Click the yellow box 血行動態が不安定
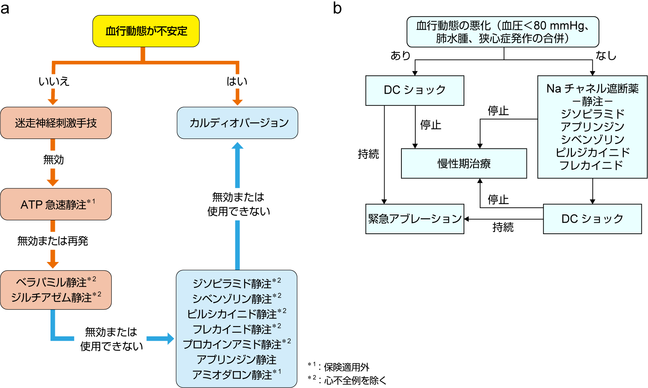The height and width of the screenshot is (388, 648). pyautogui.click(x=146, y=31)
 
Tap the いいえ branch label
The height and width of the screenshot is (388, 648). pyautogui.click(x=54, y=81)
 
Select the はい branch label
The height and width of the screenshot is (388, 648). pyautogui.click(x=237, y=81)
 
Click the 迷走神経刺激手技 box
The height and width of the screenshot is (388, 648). pyautogui.click(x=56, y=123)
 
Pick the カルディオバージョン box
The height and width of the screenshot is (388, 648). pyautogui.click(x=237, y=123)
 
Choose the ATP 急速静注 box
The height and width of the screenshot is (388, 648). pyautogui.click(x=56, y=204)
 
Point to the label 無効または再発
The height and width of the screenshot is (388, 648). pyautogui.click(x=53, y=241)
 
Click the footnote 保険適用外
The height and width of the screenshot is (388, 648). pyautogui.click(x=346, y=367)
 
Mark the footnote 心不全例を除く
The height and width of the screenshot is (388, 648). pyautogui.click(x=355, y=380)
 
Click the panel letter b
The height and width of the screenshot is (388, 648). pyautogui.click(x=337, y=8)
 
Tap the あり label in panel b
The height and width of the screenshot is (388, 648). pyautogui.click(x=400, y=55)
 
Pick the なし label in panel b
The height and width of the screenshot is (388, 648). pyautogui.click(x=606, y=55)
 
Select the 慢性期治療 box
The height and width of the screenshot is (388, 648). pyautogui.click(x=464, y=163)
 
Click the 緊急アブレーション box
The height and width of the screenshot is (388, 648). pyautogui.click(x=415, y=219)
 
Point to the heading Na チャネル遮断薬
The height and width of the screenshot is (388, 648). pyautogui.click(x=592, y=88)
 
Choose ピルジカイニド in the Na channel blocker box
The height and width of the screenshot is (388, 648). pyautogui.click(x=592, y=152)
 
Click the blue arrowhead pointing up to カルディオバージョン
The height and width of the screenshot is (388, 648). pyautogui.click(x=237, y=146)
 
